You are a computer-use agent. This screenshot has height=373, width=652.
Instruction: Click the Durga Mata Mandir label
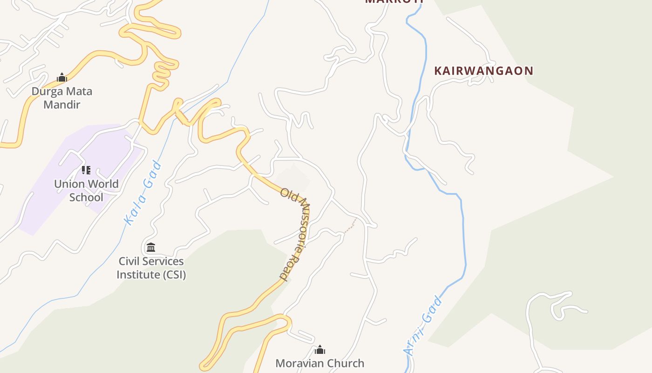click(62, 98)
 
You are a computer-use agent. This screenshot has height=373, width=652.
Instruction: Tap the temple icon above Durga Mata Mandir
click(62, 78)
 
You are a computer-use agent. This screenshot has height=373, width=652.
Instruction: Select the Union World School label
click(86, 190)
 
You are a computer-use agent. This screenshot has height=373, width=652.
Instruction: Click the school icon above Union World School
click(86, 170)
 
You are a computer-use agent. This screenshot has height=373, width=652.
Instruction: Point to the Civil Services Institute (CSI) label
click(151, 268)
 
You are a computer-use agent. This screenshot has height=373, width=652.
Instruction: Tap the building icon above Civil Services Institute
click(151, 247)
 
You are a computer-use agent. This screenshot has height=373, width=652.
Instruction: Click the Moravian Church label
click(320, 363)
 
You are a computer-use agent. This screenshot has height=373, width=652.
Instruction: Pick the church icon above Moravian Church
click(320, 350)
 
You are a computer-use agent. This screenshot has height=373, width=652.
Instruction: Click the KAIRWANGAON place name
click(484, 71)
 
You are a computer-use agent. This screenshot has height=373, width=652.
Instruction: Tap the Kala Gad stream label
click(143, 193)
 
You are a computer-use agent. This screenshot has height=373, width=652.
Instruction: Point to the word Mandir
click(62, 104)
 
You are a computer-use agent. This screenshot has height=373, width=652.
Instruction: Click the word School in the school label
click(86, 197)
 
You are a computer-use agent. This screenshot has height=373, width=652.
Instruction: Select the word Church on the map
click(345, 363)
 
